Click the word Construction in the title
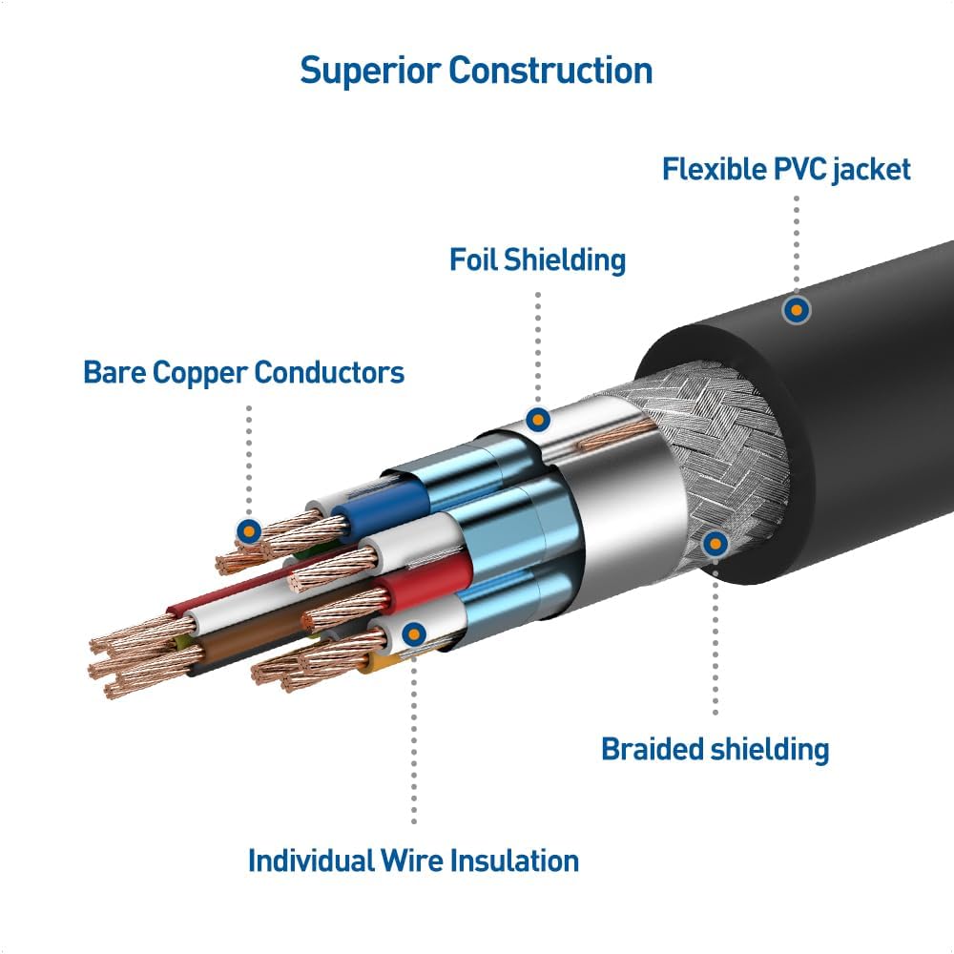click(551, 71)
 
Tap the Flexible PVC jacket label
click(786, 170)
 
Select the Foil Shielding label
click(537, 259)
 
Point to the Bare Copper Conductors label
click(243, 372)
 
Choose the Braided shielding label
click(715, 749)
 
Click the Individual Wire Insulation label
click(413, 861)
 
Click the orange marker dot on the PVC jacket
click(796, 309)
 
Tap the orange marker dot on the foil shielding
click(538, 419)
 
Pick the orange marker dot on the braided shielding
click(715, 544)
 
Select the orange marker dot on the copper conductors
click(250, 531)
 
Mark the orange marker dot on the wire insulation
click(414, 633)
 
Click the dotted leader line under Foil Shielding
click(538, 343)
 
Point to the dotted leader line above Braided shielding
click(715, 639)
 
